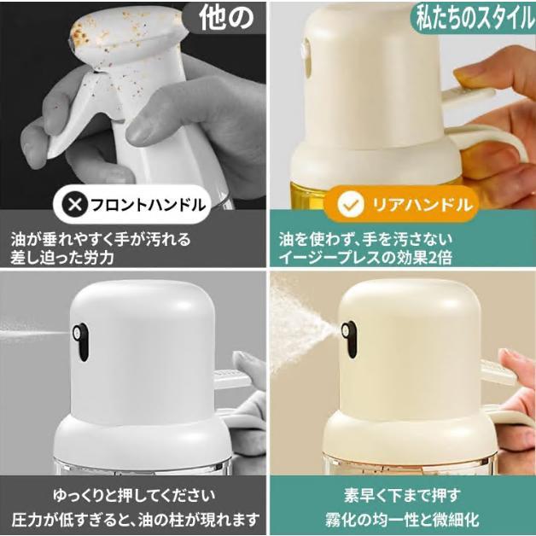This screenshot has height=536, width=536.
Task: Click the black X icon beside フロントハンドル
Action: pos(75,205)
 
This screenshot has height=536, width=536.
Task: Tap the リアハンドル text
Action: pos(420,205)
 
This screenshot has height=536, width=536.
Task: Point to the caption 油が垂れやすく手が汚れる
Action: pos(101,238)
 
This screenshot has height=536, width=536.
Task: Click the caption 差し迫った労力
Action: pos(65,257)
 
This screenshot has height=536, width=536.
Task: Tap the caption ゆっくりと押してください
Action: pos(134,494)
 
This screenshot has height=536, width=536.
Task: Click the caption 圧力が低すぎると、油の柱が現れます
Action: pos(134,518)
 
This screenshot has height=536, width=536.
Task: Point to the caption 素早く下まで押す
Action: pos(402,494)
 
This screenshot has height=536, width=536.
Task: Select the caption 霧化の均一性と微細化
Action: pos(402,518)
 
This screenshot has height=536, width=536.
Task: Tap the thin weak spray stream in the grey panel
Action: pos(30,327)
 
